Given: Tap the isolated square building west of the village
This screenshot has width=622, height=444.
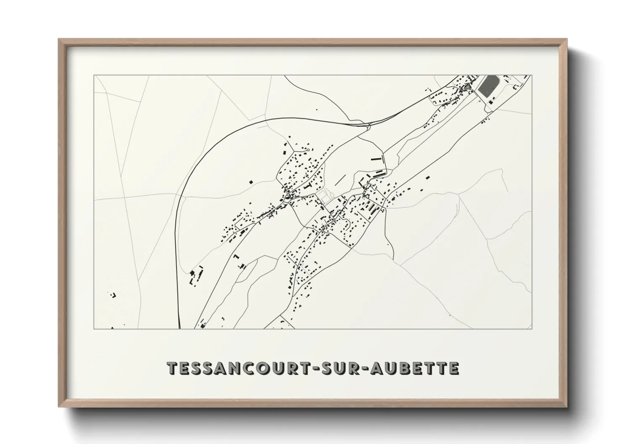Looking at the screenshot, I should pyautogui.click(x=251, y=182).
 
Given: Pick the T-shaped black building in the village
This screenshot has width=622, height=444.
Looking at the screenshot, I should pyautogui.click(x=310, y=185).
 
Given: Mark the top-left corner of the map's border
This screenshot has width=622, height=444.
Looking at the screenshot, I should pyautogui.click(x=94, y=76).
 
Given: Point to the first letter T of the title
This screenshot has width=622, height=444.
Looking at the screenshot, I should pyautogui.click(x=172, y=368).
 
